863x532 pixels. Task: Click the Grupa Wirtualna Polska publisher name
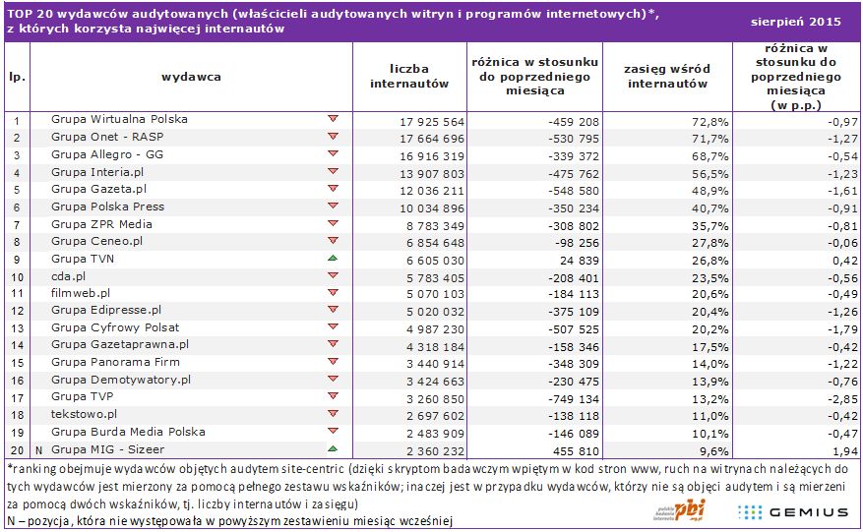click(119, 119)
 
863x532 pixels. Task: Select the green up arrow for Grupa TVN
click(332, 258)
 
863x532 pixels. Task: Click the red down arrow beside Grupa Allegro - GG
click(332, 154)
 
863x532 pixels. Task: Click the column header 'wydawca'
click(191, 76)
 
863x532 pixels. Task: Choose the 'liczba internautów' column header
click(409, 76)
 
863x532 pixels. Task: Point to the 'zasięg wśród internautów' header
click(667, 77)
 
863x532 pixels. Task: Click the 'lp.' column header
click(17, 76)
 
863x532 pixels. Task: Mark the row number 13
click(17, 327)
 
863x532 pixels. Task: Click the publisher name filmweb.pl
click(81, 292)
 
